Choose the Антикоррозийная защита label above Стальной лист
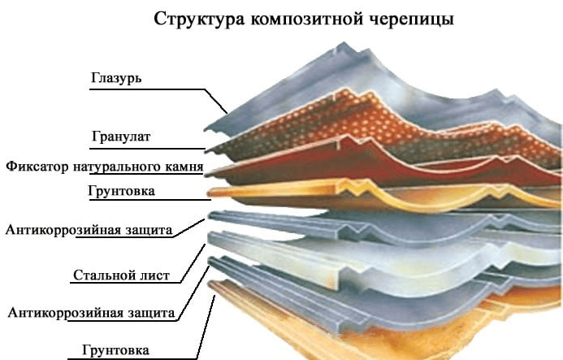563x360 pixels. coord(89,230)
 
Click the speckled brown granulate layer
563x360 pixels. coord(325,122)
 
